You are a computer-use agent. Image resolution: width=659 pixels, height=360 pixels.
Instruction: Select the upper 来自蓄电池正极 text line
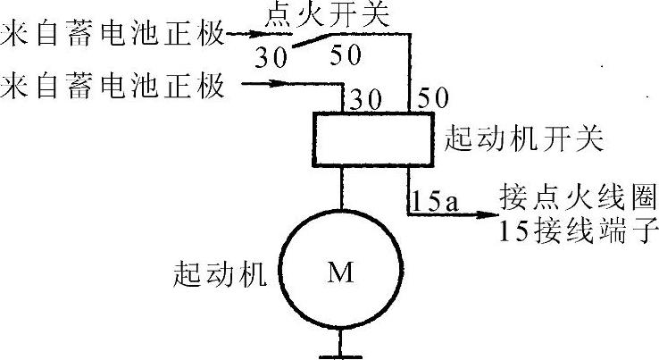click(112, 37)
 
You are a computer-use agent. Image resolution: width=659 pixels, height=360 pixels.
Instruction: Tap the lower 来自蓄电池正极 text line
click(112, 88)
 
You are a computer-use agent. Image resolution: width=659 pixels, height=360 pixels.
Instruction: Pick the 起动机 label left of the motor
click(220, 274)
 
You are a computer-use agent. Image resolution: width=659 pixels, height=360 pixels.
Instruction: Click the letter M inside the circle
click(340, 273)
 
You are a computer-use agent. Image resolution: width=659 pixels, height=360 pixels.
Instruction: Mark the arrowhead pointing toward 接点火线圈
click(484, 214)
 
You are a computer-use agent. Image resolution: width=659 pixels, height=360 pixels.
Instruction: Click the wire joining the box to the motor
click(342, 190)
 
